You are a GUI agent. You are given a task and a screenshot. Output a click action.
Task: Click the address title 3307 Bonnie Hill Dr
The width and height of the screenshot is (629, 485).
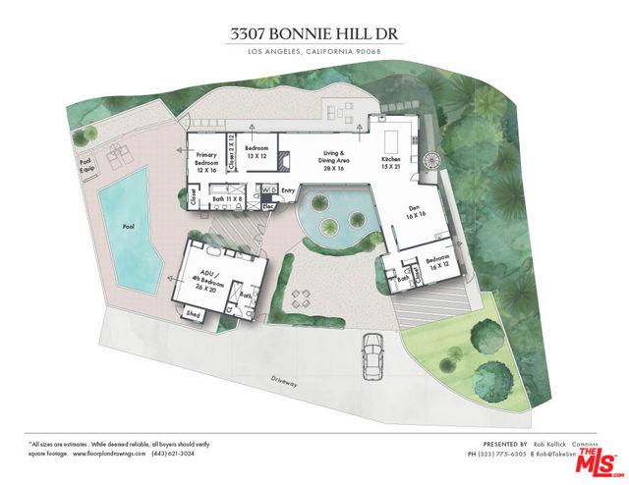coord(314,32)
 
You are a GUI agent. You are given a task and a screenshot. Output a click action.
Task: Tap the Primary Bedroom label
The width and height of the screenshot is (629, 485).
coord(206,162)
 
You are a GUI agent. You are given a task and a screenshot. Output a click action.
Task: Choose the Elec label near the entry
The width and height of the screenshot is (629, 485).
coord(268,207)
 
